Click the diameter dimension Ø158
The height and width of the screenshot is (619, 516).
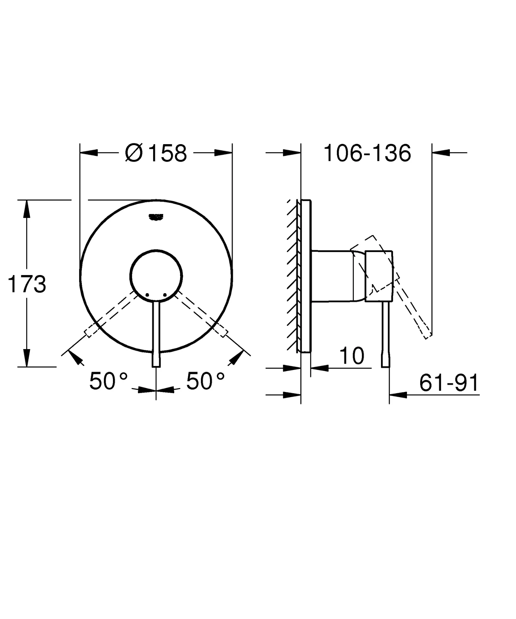(x=156, y=153)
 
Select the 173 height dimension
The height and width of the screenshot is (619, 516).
(x=27, y=284)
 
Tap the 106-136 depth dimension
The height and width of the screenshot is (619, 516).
(x=367, y=153)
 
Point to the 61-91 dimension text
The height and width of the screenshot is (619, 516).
(x=449, y=383)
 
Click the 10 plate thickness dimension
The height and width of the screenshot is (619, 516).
(x=352, y=356)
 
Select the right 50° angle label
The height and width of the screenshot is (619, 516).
(x=206, y=381)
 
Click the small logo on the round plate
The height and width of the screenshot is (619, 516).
(x=156, y=216)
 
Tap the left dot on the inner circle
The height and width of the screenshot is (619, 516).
(x=147, y=295)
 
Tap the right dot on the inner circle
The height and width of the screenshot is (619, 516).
(x=165, y=295)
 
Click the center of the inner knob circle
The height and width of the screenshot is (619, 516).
(x=156, y=275)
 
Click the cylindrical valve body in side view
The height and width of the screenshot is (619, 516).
(x=332, y=276)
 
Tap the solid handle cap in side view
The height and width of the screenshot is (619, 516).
(x=379, y=276)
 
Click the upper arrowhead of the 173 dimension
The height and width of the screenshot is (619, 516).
(x=27, y=209)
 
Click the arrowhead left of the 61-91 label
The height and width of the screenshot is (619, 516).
(x=398, y=395)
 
